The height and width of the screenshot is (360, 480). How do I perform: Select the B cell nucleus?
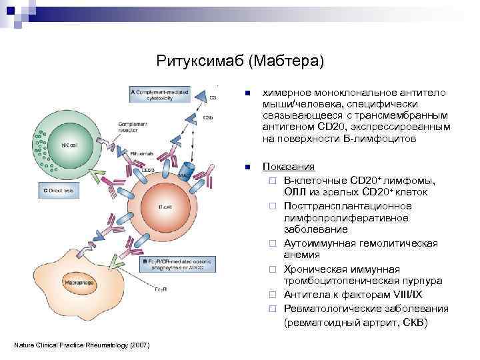(165, 207)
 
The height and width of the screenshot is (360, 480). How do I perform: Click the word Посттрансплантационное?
(347, 205)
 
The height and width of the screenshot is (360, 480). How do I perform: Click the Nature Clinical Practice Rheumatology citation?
(81, 344)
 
